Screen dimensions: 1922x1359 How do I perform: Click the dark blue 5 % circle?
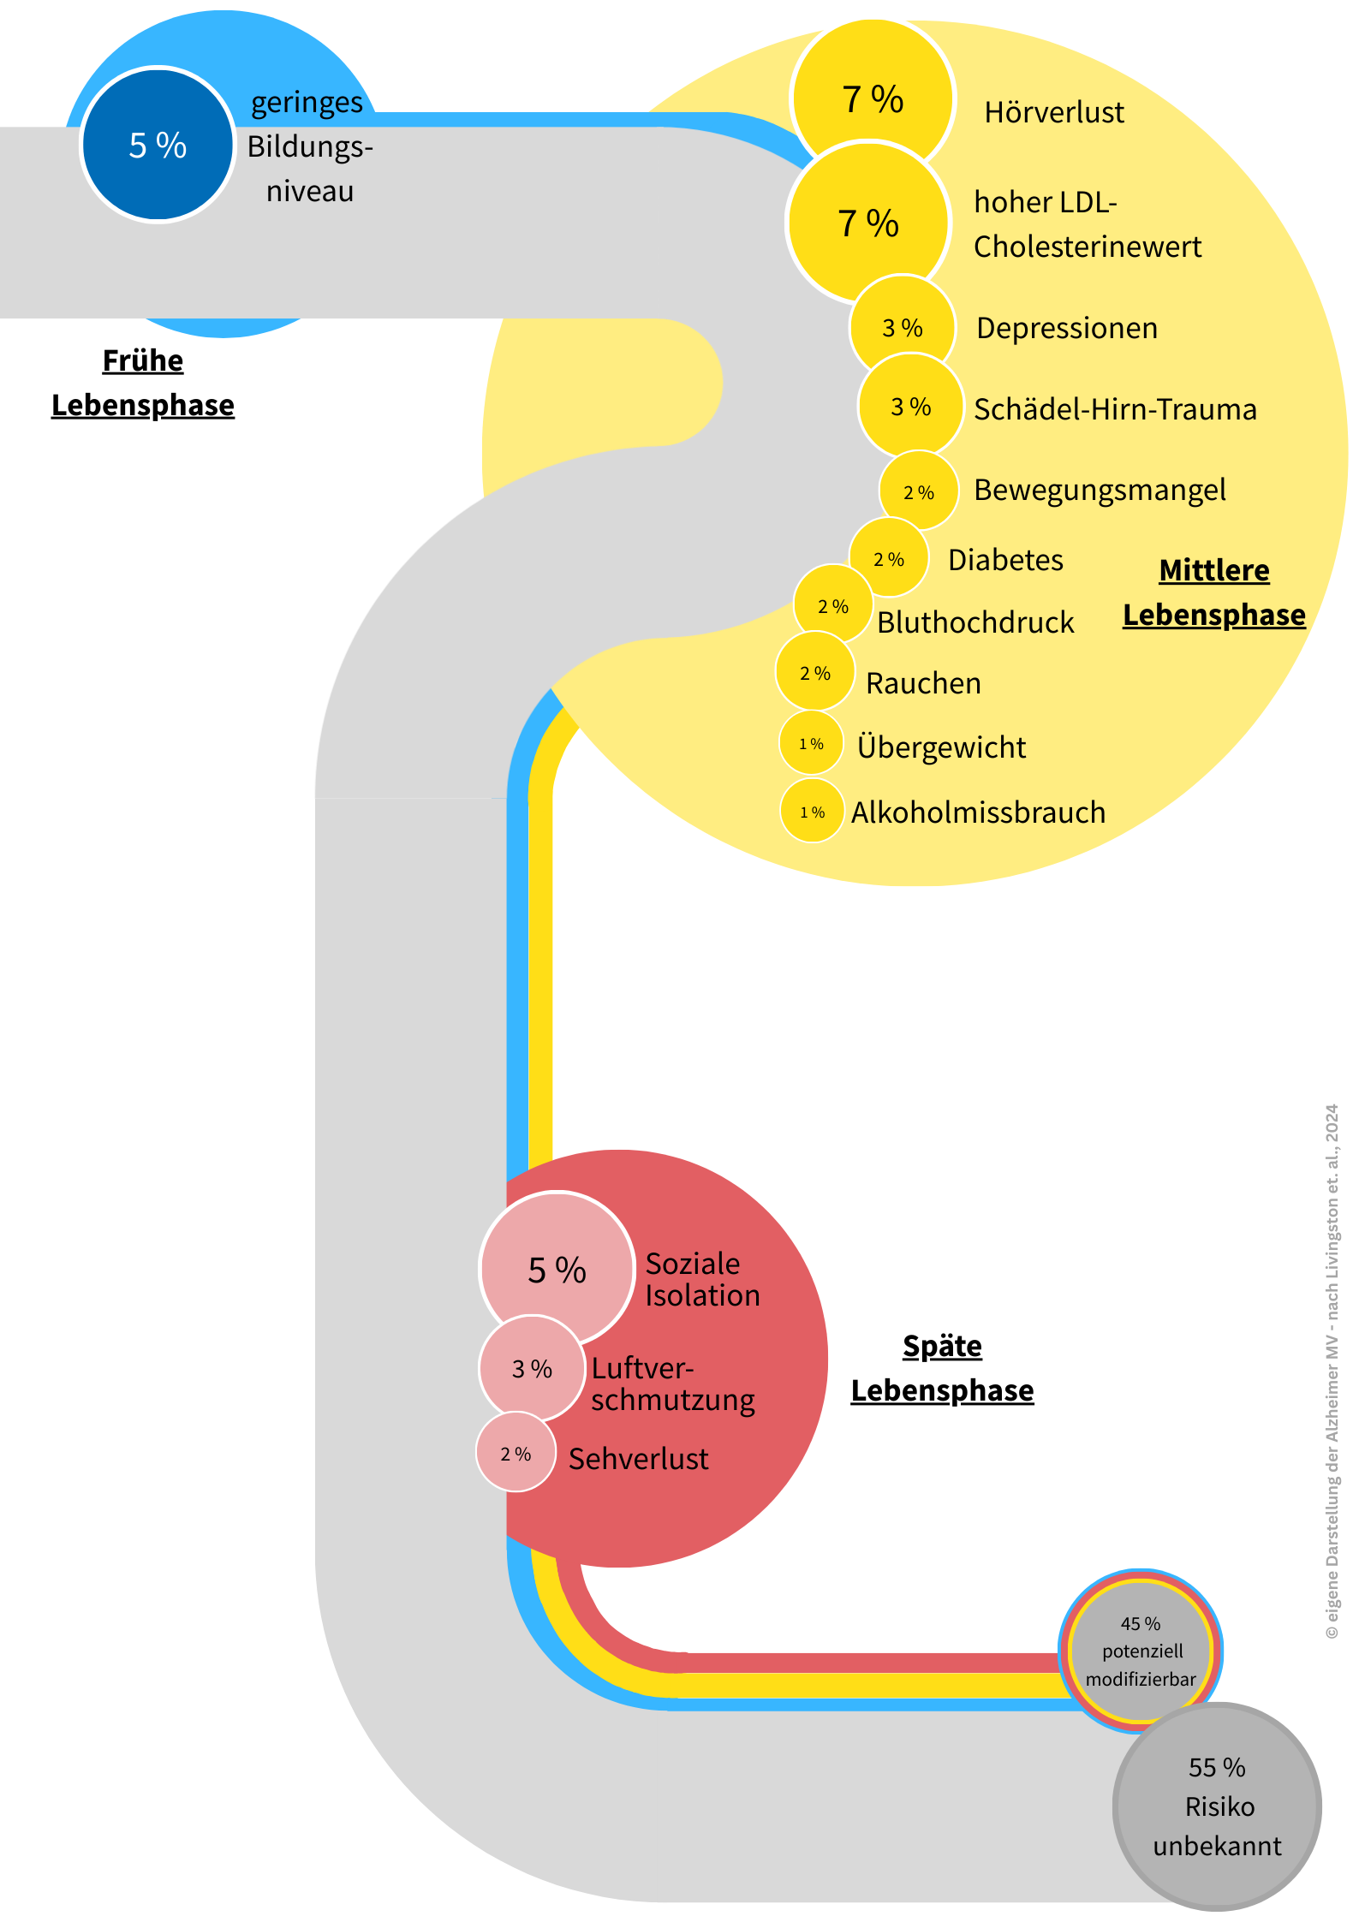[x=158, y=145]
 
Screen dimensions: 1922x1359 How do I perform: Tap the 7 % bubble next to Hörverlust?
[x=872, y=99]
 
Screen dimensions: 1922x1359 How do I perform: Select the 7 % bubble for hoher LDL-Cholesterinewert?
[x=867, y=223]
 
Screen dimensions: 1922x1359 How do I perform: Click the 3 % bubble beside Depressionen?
[x=902, y=328]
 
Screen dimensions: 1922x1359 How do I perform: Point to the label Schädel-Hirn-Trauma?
[x=1115, y=409]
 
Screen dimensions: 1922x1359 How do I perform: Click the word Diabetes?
[x=1005, y=560]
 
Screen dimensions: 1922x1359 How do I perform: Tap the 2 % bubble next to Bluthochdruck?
[x=832, y=606]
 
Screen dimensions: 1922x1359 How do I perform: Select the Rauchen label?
[x=923, y=683]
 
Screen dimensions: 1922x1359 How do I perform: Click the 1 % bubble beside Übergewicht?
[x=811, y=744]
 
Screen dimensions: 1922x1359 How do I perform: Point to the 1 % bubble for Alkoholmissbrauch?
[x=812, y=812]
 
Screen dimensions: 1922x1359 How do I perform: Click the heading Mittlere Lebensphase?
[x=1213, y=592]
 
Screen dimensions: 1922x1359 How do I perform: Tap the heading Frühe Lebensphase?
[x=143, y=383]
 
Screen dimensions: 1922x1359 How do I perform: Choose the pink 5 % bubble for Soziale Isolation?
[x=557, y=1270]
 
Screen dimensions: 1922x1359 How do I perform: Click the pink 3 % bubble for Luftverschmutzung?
[x=532, y=1369]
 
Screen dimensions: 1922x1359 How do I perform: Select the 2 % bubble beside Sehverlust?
[x=516, y=1454]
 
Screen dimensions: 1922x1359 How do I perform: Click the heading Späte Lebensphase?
[x=942, y=1368]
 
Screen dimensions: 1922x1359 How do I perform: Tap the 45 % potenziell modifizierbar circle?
[x=1141, y=1651]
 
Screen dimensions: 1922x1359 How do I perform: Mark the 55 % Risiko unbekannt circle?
[x=1217, y=1806]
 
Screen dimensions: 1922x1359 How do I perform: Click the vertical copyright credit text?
[x=1332, y=1370]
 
